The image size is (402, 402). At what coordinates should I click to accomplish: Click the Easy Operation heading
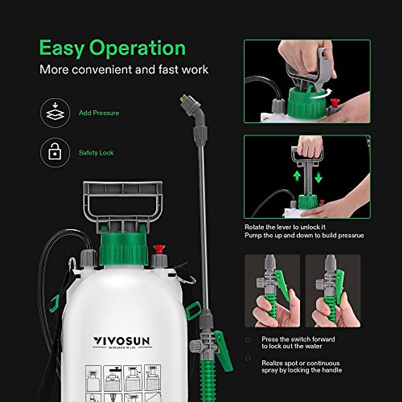pos(113,48)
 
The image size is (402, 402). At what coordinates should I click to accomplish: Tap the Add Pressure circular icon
pos(55,113)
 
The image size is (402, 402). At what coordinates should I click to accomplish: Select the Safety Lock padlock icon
pos(55,153)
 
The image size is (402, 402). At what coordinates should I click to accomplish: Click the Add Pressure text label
pos(99,113)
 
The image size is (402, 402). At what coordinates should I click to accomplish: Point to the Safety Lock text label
pos(96,153)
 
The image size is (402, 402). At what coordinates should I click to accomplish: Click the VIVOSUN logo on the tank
pos(121,341)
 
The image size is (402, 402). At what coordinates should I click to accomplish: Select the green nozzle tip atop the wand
pos(184,98)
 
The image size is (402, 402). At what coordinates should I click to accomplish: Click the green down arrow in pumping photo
pos(318,177)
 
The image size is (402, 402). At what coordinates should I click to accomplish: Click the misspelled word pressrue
pos(351,236)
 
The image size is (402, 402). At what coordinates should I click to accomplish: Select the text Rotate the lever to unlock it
pos(285,227)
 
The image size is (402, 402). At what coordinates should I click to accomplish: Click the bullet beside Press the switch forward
pos(248,340)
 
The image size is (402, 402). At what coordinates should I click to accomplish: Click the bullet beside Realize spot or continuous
pos(248,358)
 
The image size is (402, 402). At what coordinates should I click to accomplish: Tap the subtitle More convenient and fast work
pos(124,70)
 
